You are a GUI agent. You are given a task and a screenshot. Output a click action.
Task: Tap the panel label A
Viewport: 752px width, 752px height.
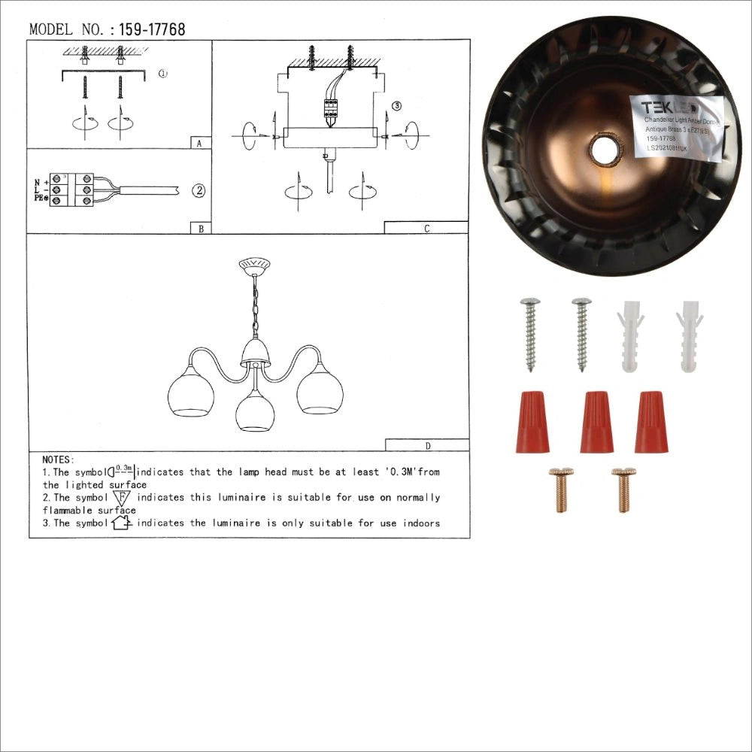point(198,143)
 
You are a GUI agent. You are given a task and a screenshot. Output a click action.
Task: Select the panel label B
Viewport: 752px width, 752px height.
point(199,228)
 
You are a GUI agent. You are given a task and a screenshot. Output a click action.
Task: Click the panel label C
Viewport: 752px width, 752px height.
point(426,229)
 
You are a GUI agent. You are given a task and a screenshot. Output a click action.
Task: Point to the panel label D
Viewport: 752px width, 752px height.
point(427,445)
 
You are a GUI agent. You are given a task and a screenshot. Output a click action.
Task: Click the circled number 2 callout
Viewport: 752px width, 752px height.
point(199,190)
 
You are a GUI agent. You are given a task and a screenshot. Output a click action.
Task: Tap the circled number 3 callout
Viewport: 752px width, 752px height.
point(397,106)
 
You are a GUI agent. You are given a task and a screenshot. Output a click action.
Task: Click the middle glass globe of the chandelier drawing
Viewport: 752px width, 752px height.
point(255,411)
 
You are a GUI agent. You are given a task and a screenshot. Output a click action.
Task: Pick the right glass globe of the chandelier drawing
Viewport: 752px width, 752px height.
point(320,390)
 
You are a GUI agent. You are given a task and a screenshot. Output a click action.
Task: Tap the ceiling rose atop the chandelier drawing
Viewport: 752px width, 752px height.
point(254,265)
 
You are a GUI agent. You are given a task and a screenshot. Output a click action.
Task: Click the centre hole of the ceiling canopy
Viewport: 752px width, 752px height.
point(605,150)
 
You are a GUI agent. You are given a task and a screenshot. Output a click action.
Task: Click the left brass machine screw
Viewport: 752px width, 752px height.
point(561,490)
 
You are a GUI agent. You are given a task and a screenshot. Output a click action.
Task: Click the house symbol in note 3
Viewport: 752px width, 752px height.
point(122,523)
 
